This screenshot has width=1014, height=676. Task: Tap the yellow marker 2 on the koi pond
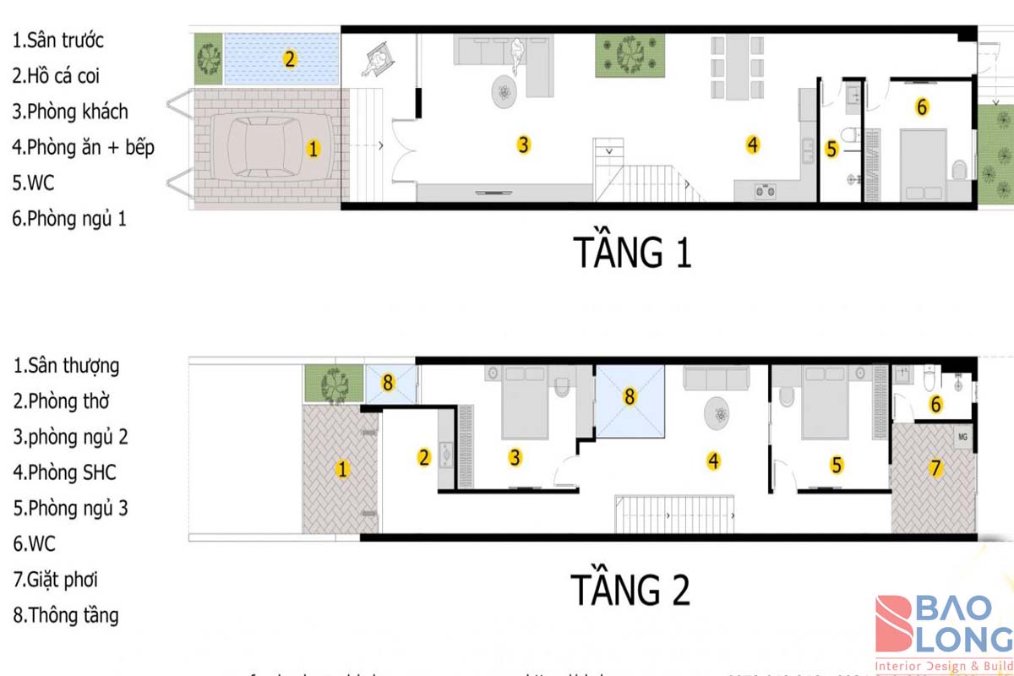(289, 59)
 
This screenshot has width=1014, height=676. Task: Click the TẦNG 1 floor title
(632, 253)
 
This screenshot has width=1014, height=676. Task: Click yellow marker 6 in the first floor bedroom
(922, 107)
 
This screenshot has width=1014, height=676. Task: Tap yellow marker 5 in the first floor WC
(831, 150)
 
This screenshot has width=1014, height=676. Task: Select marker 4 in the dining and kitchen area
(752, 144)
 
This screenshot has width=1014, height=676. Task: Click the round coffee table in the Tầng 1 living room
(504, 90)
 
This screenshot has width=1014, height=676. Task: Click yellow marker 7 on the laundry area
(935, 468)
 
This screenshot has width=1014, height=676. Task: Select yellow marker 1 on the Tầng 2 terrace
(342, 469)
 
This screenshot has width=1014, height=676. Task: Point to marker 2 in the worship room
(424, 458)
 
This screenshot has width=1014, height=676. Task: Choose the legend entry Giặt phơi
(62, 580)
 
